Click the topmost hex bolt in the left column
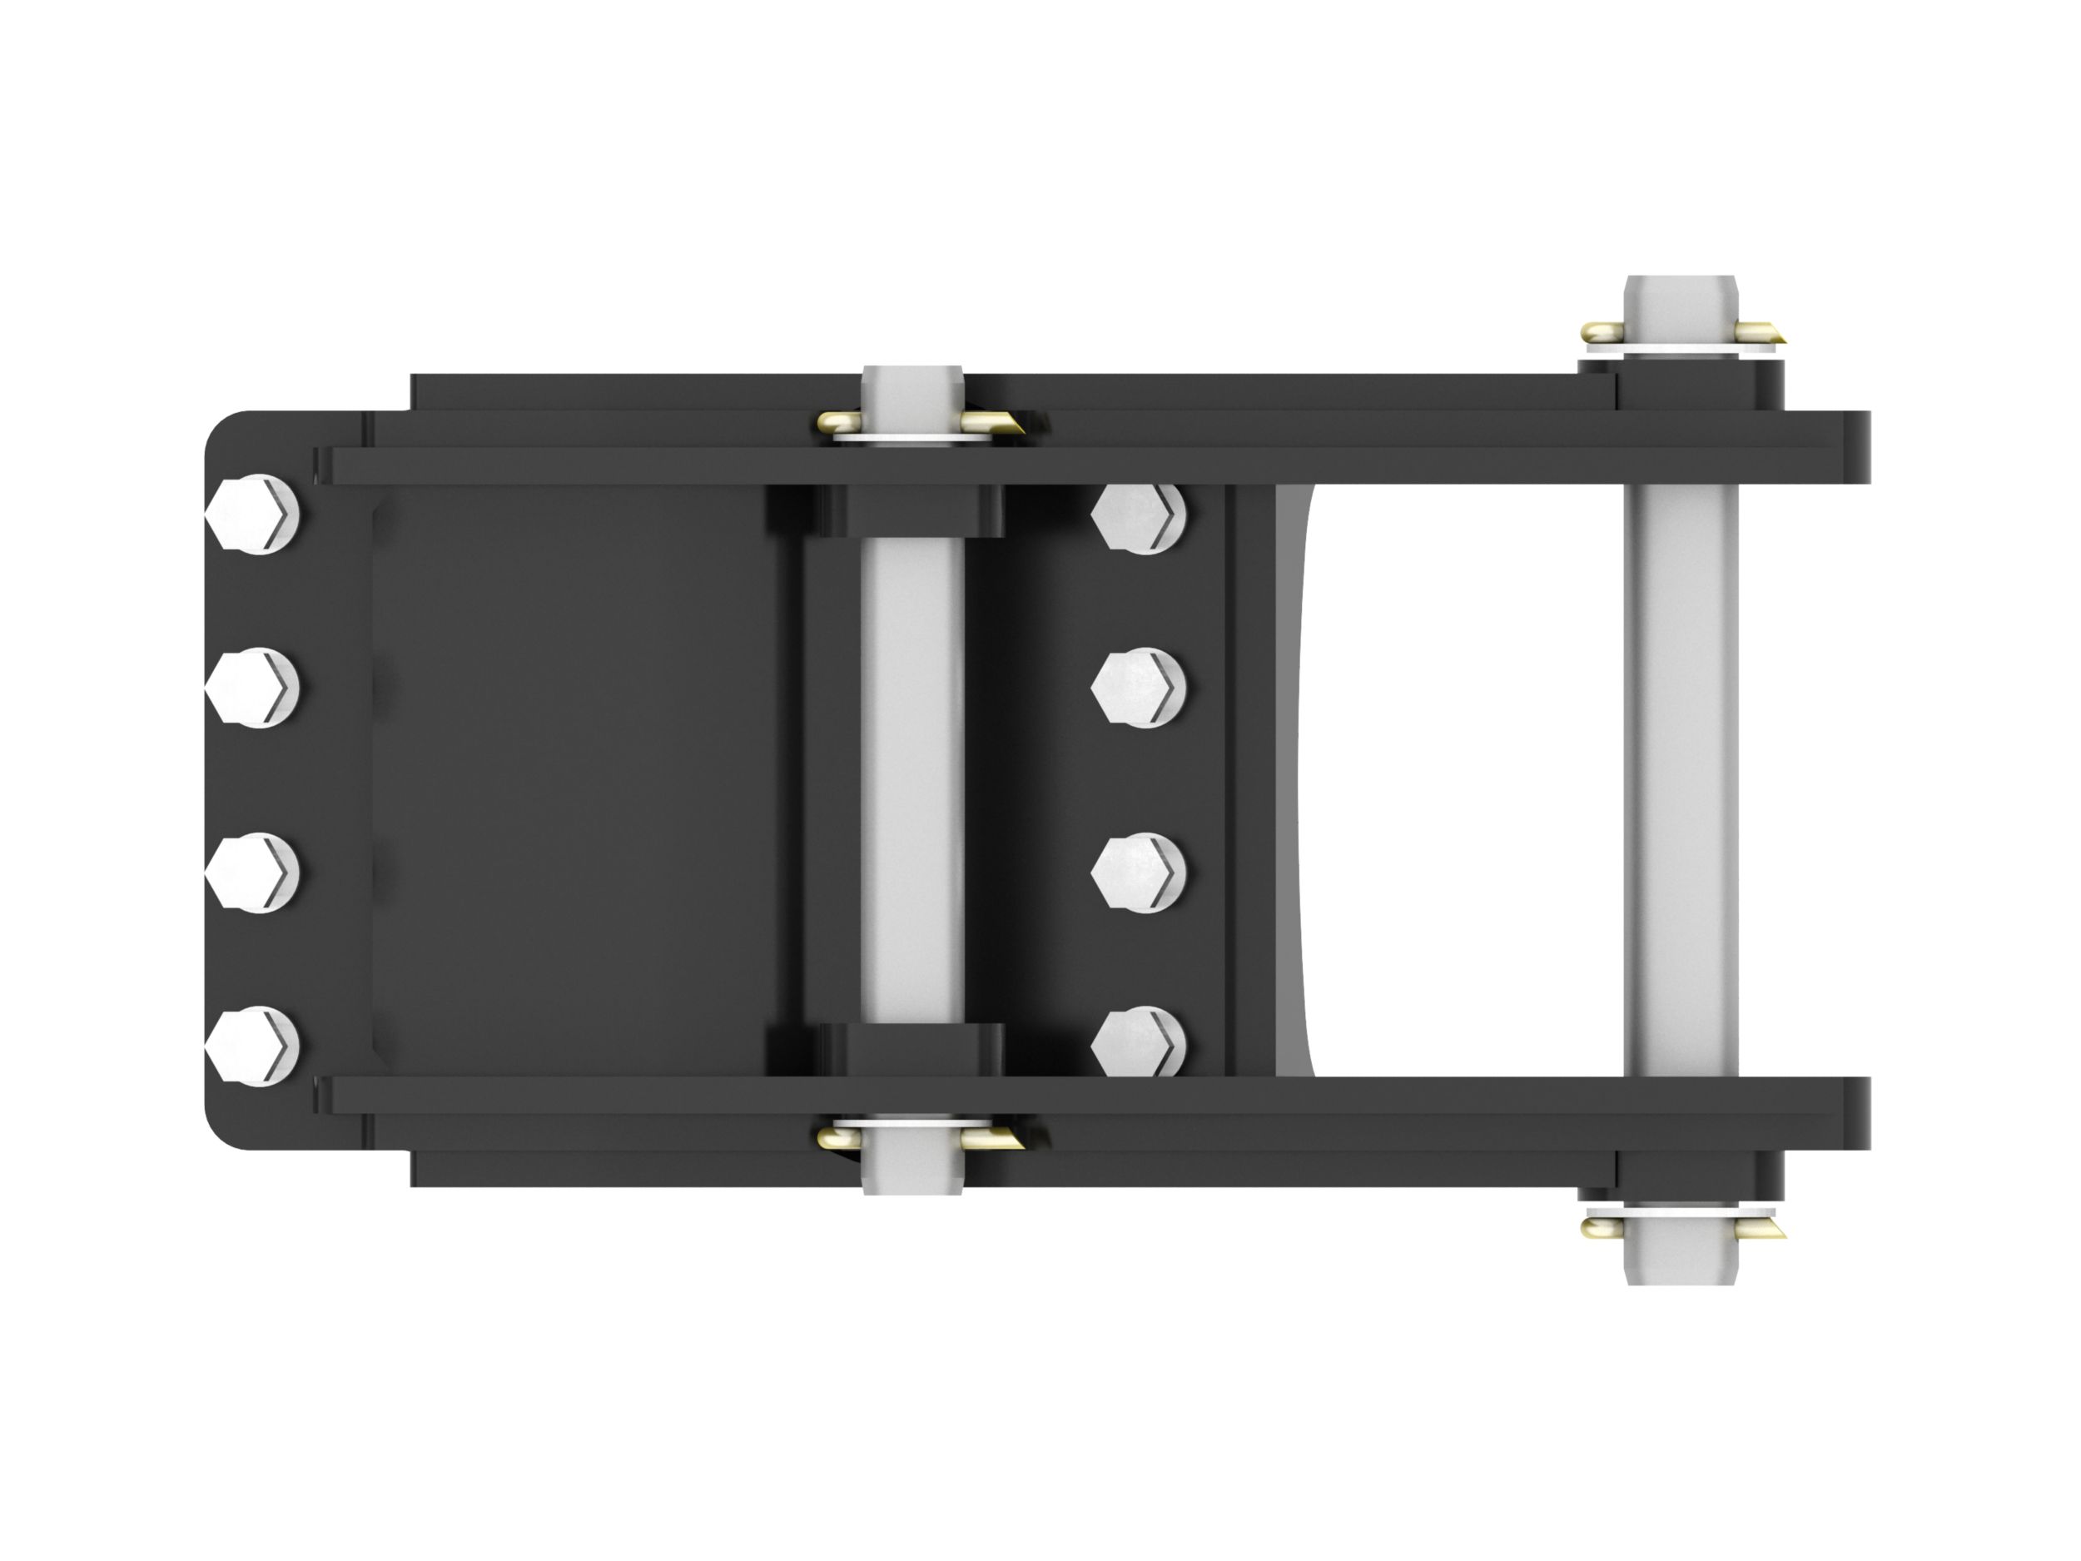coord(252,515)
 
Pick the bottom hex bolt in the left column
coord(252,1046)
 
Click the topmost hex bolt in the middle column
coord(1140,516)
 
